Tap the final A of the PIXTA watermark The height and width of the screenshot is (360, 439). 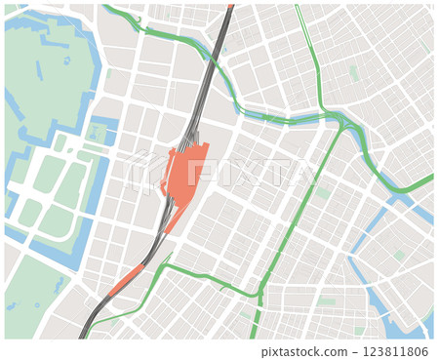pyautogui.click(x=300, y=174)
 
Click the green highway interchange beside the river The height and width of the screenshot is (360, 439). pyautogui.click(x=338, y=120)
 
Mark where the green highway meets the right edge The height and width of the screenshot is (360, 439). pyautogui.click(x=429, y=180)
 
